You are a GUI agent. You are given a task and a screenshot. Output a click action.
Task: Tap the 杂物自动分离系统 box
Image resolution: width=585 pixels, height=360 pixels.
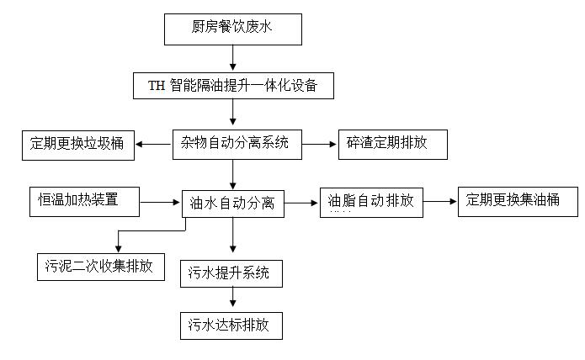coord(235,144)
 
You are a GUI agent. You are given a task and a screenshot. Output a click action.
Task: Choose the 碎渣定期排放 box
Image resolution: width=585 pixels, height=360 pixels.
coord(391,144)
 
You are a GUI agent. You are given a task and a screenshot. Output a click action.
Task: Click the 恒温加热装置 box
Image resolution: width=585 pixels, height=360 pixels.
coord(83,200)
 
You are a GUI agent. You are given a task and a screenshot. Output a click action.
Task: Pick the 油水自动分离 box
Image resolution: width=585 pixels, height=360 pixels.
coord(233,203)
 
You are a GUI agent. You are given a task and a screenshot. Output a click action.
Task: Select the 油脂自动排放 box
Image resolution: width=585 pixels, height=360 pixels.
coord(370,203)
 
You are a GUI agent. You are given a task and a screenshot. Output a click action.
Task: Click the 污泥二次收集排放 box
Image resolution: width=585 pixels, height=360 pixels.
coord(100,267)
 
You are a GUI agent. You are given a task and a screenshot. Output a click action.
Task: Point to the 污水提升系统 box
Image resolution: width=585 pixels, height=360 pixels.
coord(231,273)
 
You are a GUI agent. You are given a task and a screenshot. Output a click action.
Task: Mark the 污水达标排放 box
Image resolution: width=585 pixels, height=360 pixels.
coord(231,325)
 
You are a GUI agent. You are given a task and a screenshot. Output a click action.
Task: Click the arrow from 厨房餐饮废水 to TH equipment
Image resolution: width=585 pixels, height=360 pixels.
coord(233,58)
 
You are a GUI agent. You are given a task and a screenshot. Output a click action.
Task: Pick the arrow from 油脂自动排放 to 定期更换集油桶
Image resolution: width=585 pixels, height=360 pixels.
coord(439,202)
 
